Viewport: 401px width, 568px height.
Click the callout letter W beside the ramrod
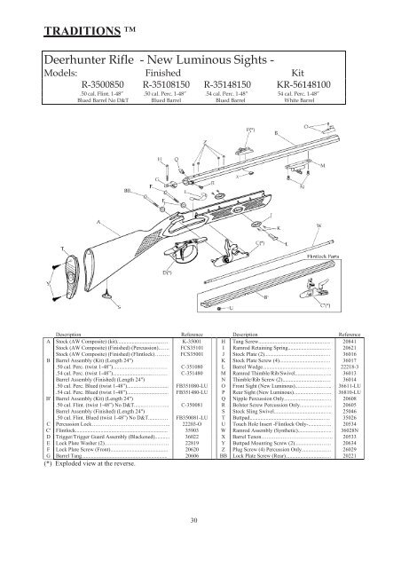tap(318, 226)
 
